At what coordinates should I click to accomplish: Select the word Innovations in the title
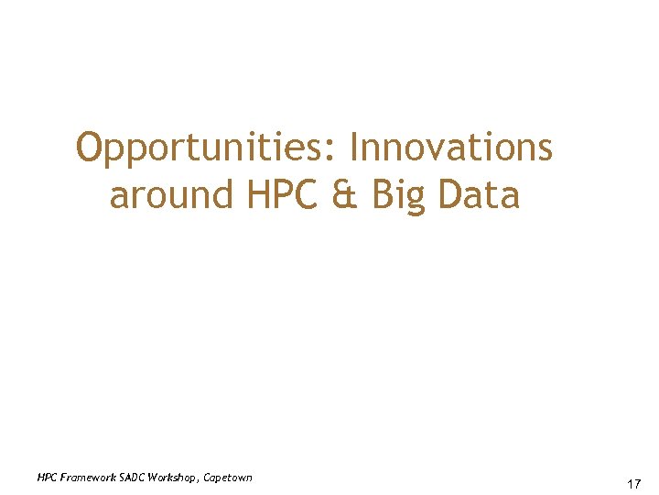tap(451, 148)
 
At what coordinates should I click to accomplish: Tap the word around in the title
tap(171, 195)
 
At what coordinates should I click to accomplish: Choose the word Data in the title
tap(479, 195)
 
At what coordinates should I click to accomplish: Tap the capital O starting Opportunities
tap(90, 148)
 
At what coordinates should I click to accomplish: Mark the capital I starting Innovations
tap(356, 148)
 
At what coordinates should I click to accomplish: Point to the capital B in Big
tap(383, 195)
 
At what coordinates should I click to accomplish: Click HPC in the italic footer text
tap(47, 478)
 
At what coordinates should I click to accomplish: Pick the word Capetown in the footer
tap(228, 478)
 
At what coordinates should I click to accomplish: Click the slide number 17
tap(632, 483)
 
